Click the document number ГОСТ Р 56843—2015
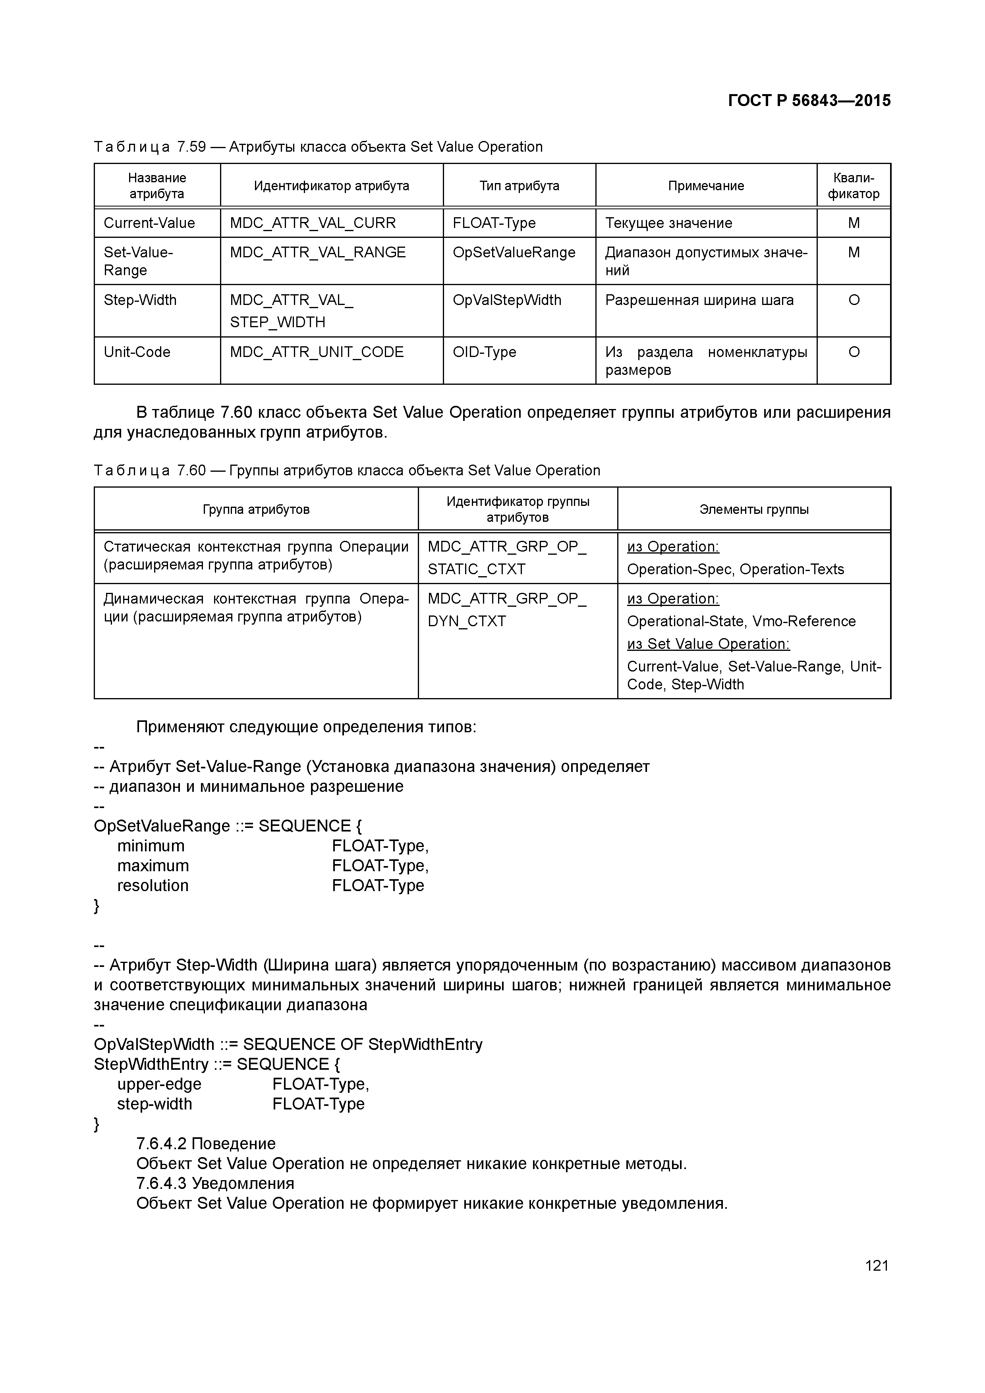(x=809, y=101)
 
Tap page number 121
(x=876, y=1266)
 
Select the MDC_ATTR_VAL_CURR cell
(x=313, y=223)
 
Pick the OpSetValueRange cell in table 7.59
(x=514, y=253)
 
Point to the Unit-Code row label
(x=137, y=353)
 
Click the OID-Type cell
(x=484, y=353)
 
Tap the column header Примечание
(x=706, y=186)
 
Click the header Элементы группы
(x=754, y=509)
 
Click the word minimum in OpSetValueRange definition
(x=151, y=846)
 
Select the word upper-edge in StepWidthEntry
(x=159, y=1084)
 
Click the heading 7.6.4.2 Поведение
(x=206, y=1144)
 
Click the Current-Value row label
(x=149, y=223)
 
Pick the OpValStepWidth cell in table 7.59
(x=507, y=300)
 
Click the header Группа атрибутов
(x=256, y=509)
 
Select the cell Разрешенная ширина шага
(x=699, y=300)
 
